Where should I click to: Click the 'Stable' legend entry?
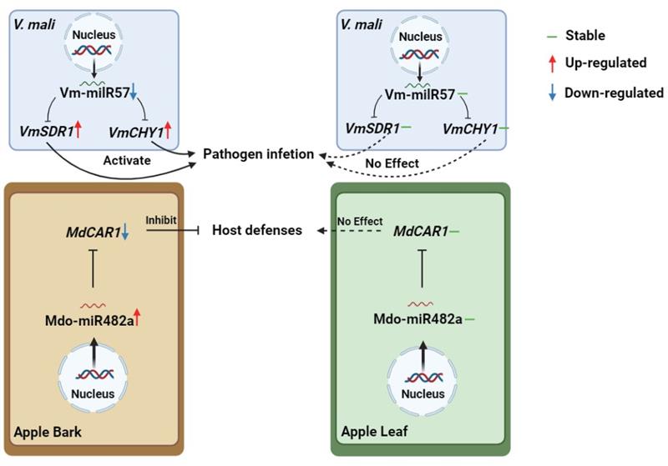584,36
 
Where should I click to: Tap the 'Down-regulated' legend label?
614,93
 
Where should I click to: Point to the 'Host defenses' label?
256,229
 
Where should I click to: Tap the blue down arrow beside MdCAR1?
125,233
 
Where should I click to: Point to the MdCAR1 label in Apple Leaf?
419,230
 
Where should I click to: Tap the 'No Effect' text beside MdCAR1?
356,221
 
